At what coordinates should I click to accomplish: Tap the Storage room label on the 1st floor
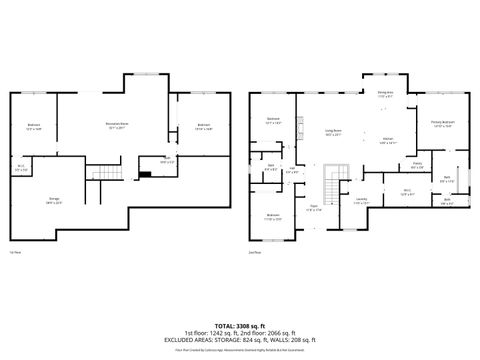(53, 201)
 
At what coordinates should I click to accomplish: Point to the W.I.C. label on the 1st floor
(21, 167)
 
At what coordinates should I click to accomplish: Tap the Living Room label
(332, 131)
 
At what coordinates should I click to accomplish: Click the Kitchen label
(388, 140)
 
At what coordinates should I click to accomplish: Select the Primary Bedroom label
(442, 124)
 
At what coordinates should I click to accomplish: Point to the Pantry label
(418, 164)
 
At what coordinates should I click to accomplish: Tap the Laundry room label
(360, 200)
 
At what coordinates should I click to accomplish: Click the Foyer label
(313, 209)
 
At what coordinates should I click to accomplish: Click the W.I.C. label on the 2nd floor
(407, 190)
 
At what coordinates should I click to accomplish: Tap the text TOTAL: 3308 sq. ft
(239, 326)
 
